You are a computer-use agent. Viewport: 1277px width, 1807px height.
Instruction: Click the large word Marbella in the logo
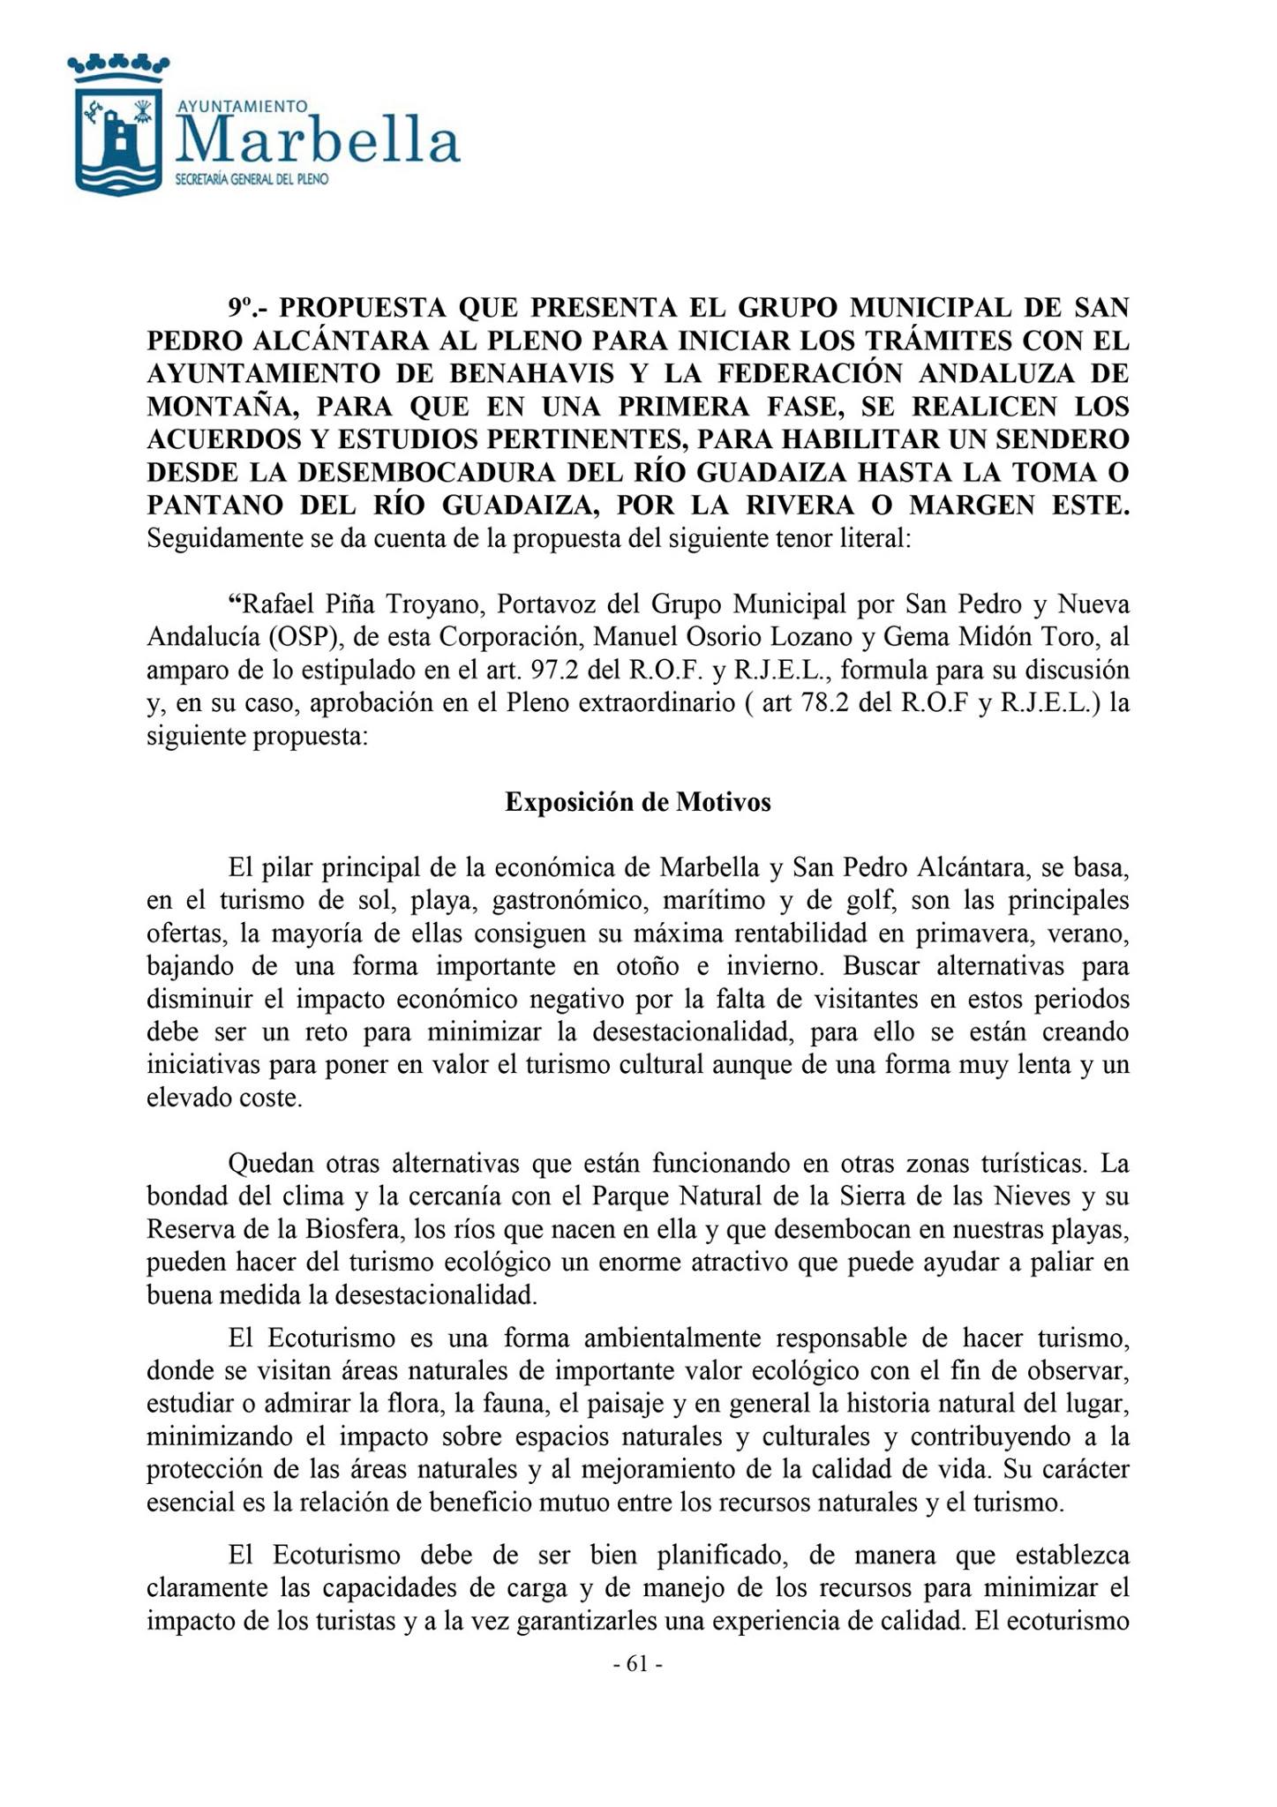319,142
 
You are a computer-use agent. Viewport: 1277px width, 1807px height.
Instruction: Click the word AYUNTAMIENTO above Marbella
243,106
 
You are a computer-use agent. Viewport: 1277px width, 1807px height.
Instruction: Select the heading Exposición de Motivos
638,802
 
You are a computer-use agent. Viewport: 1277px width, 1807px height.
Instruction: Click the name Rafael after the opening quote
276,605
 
